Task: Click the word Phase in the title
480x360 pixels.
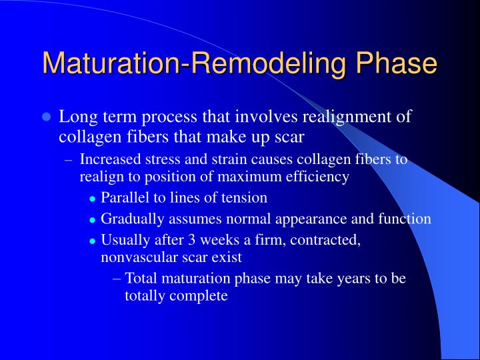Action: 397,64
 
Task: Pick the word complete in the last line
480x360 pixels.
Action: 200,295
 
